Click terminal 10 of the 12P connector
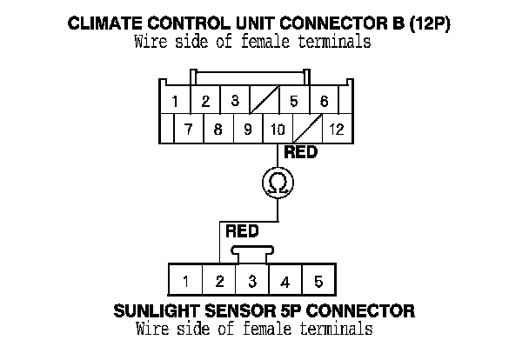click(278, 130)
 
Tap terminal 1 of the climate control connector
click(176, 101)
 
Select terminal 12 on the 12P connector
click(336, 130)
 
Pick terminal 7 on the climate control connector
click(188, 130)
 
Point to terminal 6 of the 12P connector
click(324, 101)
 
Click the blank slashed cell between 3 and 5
click(263, 101)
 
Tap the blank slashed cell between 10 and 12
click(306, 130)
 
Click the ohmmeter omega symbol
click(278, 183)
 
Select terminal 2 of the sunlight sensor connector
click(219, 281)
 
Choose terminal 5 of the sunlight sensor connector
click(318, 281)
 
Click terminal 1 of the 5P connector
click(186, 281)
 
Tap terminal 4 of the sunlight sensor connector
click(285, 281)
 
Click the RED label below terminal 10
click(300, 153)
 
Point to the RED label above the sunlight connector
click(242, 231)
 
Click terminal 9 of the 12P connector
click(247, 130)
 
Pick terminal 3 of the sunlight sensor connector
click(252, 281)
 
